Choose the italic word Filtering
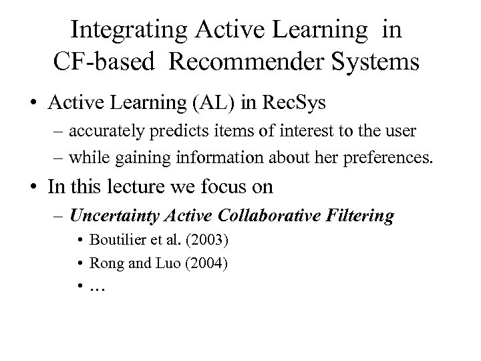click(361, 215)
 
